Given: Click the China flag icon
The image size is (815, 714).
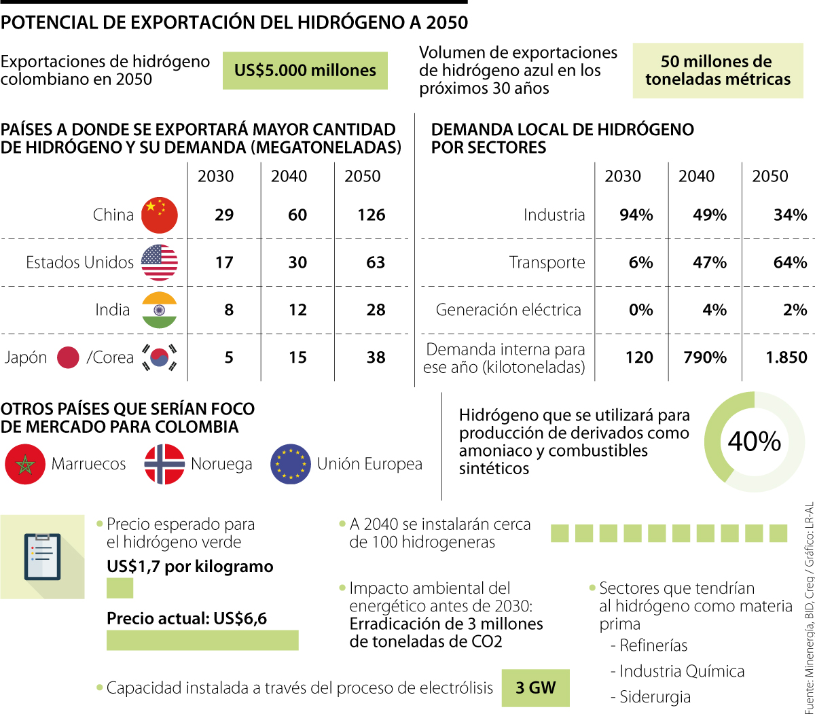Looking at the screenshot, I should [x=160, y=215].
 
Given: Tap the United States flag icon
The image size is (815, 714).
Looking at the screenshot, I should [x=160, y=263].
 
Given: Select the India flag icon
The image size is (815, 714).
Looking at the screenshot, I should [x=160, y=310].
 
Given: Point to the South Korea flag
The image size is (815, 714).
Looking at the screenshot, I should [x=160, y=358].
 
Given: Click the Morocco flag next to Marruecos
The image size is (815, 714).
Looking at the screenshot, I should [x=25, y=465].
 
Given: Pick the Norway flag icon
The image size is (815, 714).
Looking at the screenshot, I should [x=164, y=465].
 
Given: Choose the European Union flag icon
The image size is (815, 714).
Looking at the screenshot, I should [x=291, y=465].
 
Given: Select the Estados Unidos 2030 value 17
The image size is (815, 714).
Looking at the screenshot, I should [x=224, y=263].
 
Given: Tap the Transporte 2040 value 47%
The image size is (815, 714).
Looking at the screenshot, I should [x=710, y=263].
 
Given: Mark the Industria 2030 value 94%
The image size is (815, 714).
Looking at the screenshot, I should [x=636, y=215].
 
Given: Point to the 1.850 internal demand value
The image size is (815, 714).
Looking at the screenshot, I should [x=786, y=358].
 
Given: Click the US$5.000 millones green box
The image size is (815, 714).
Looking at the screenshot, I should [x=305, y=71].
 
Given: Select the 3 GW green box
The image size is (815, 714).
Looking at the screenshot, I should [x=535, y=688].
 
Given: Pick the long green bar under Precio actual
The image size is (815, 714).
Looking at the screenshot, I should [x=202, y=640].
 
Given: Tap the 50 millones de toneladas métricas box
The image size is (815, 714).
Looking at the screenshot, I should [x=718, y=71].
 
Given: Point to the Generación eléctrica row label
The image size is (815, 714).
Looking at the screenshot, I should [x=509, y=310].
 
